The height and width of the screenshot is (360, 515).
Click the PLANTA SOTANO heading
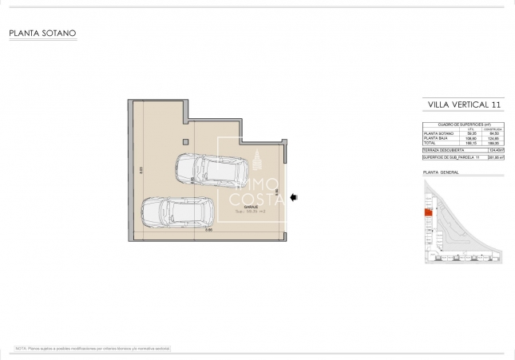[x=42, y=34]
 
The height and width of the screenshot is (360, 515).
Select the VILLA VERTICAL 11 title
[x=464, y=105]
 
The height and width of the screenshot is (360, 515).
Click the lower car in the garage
[x=176, y=213]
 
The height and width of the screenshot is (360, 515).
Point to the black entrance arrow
[x=293, y=196]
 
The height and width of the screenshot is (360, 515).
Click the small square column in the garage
[x=185, y=142]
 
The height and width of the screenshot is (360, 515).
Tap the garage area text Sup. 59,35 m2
[x=249, y=212]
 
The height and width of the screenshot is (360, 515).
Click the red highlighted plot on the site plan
[x=427, y=212]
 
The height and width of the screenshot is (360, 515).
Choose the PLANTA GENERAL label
[x=439, y=172]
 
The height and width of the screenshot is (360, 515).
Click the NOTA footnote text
[x=92, y=349]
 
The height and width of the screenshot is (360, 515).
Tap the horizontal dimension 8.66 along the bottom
[x=208, y=231]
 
